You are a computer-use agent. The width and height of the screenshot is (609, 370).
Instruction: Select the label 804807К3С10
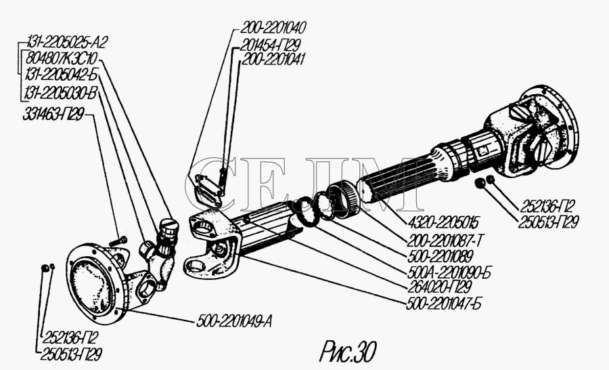point(62,58)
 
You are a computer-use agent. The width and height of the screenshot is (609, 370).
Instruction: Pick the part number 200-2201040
point(271,28)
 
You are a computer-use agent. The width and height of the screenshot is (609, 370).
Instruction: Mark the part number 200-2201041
point(271,59)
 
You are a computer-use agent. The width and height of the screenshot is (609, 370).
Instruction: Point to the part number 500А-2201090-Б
point(449,272)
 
